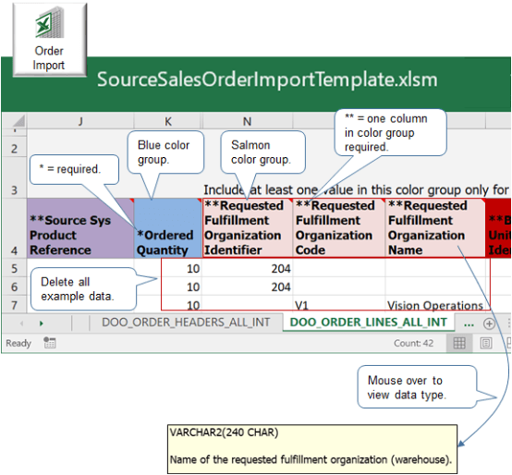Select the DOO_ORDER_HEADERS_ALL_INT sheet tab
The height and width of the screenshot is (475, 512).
(x=185, y=323)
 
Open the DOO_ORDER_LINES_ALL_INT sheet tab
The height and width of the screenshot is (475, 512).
(x=368, y=323)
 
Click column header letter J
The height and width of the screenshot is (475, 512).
(x=80, y=121)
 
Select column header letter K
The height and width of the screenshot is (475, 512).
(x=167, y=121)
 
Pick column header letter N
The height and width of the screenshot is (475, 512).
(x=247, y=121)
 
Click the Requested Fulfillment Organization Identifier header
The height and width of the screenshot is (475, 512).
(x=247, y=227)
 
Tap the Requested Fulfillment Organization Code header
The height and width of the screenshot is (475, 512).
(x=338, y=227)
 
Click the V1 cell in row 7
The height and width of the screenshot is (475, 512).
(x=303, y=305)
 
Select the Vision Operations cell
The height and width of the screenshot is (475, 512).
(x=434, y=305)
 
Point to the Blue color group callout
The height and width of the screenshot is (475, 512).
(x=165, y=152)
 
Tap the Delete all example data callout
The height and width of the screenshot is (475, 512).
(x=77, y=287)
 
